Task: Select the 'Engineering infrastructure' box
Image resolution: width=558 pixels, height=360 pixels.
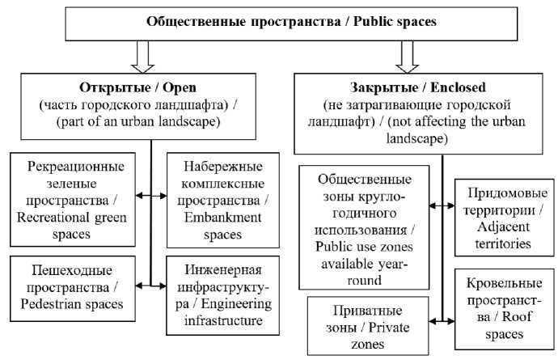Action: [218, 295]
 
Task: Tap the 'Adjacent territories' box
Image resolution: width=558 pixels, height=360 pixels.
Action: [501, 218]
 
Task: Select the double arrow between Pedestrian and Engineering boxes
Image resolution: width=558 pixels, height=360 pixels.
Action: [151, 285]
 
